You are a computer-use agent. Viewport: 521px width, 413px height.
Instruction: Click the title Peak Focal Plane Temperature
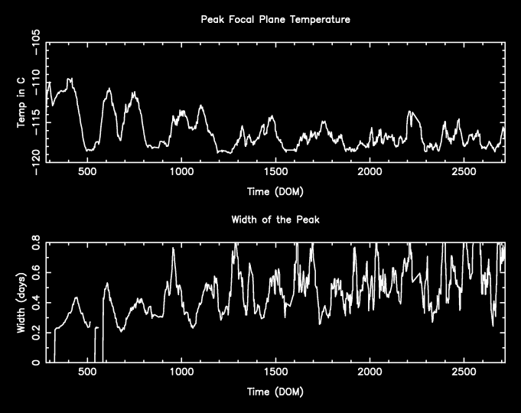point(275,20)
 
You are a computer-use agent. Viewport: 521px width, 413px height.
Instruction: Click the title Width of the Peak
point(275,220)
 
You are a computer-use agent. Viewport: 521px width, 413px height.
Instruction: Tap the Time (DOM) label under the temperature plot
point(275,190)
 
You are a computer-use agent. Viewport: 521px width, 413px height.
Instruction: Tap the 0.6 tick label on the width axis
point(34,273)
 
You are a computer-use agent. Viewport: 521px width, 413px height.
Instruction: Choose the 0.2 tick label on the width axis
point(34,333)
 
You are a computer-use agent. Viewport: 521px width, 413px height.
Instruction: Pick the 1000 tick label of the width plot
point(181,374)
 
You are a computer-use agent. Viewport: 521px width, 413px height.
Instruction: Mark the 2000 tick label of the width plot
point(370,374)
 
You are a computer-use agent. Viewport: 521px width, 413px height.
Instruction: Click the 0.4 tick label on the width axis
point(34,303)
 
